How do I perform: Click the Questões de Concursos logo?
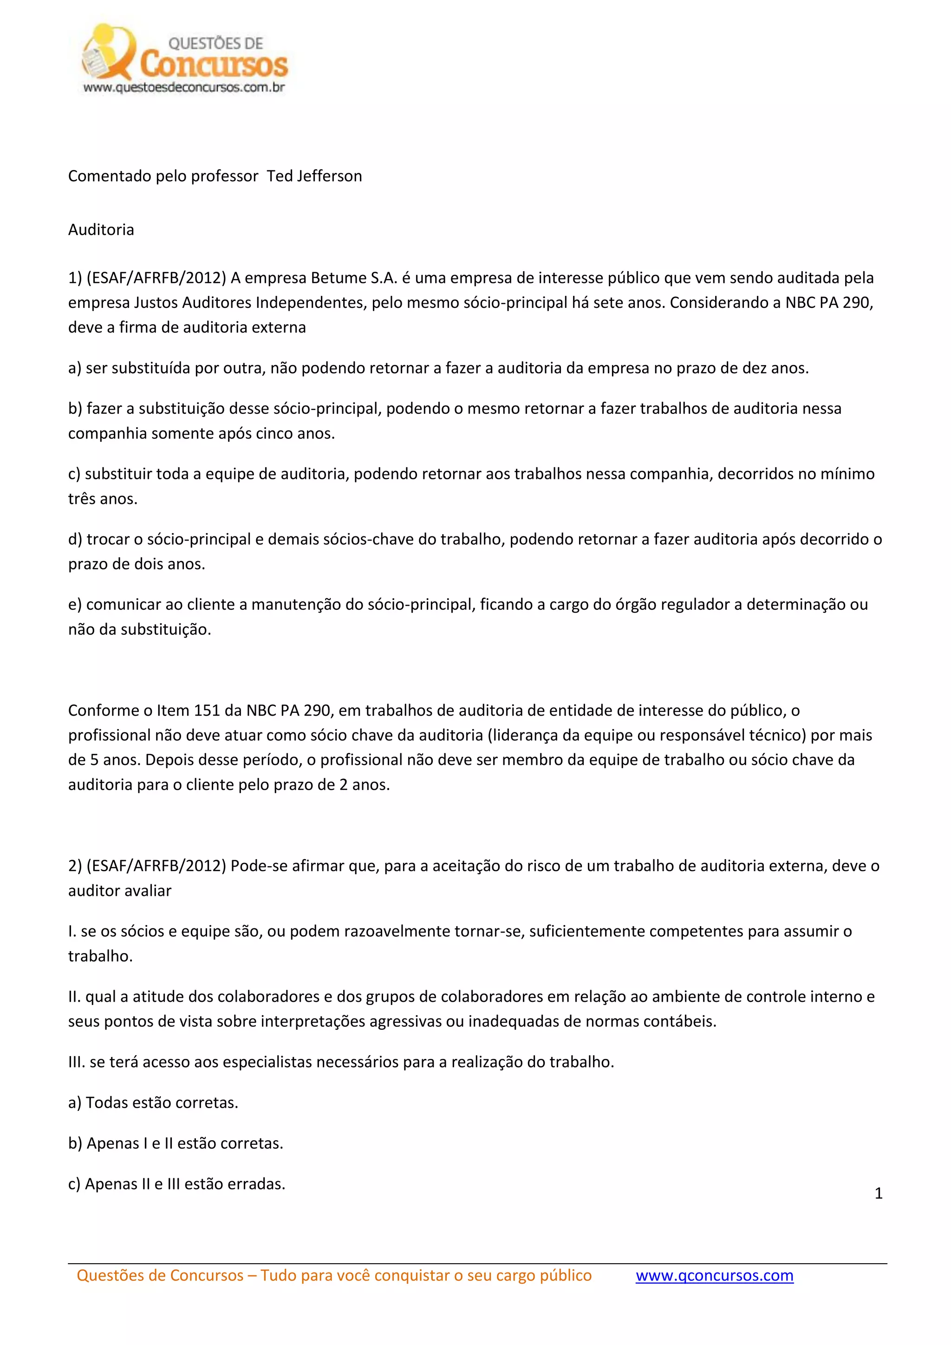[184, 59]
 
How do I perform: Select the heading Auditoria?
[101, 229]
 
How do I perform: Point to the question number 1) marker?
[75, 278]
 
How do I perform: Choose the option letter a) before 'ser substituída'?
[74, 368]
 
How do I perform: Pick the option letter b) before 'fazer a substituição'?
[75, 409]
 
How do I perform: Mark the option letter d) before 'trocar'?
[75, 540]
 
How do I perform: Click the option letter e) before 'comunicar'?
[74, 605]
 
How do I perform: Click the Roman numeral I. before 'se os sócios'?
[72, 932]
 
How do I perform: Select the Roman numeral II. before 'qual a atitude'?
[74, 997]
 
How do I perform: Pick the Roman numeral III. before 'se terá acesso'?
[76, 1062]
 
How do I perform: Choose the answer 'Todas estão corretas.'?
[162, 1103]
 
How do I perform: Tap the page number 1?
[879, 1193]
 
